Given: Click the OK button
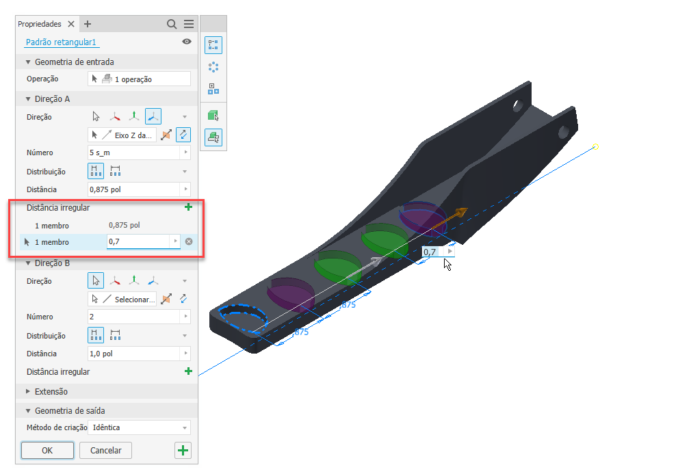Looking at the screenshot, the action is click(x=47, y=450).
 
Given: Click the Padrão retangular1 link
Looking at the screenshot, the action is click(x=61, y=42).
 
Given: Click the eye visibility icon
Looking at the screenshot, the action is click(x=187, y=42).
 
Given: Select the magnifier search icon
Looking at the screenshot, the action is click(x=172, y=24).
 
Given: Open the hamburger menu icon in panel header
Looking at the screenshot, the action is click(x=189, y=24).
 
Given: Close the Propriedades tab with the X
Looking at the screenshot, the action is click(x=71, y=24).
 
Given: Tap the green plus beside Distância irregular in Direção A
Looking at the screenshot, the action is click(x=188, y=207).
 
